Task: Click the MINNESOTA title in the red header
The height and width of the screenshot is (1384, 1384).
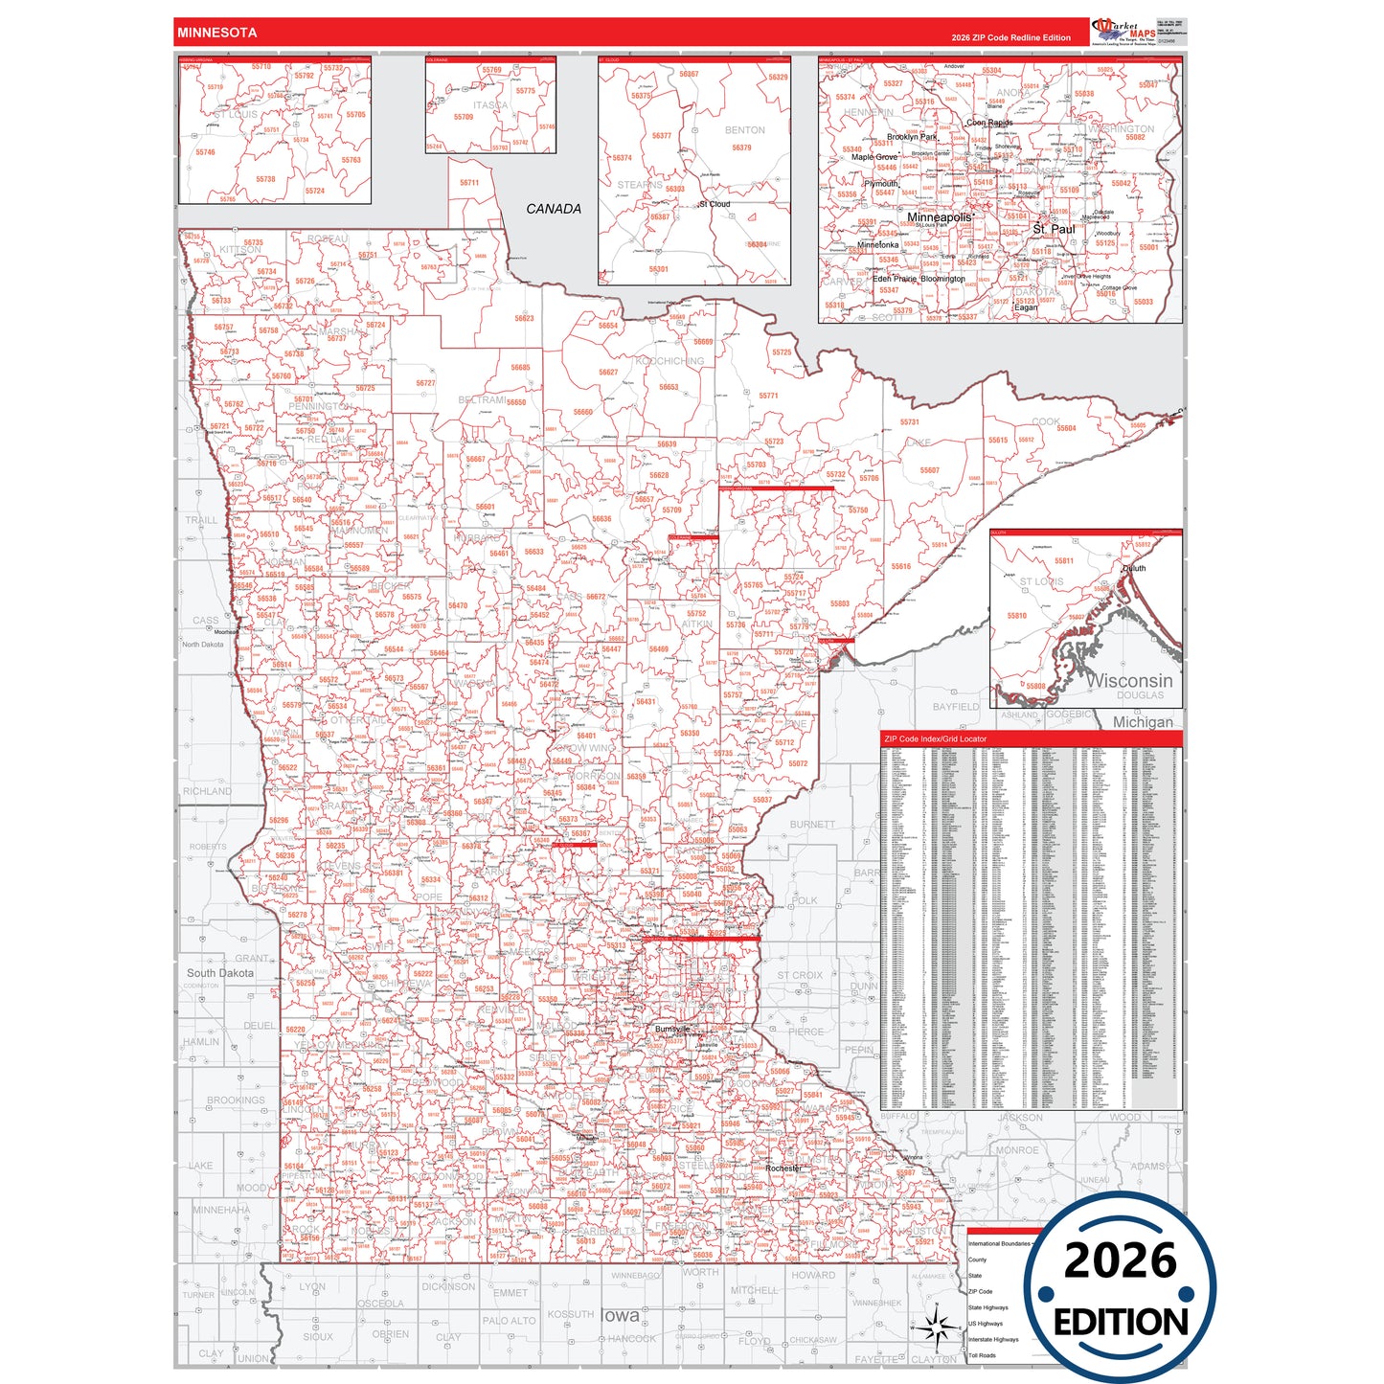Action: click(216, 33)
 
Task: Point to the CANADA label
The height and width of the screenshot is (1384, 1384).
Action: click(554, 209)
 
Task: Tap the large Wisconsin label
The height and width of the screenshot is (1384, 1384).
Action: click(1129, 680)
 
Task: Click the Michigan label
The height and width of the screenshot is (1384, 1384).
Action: click(1142, 722)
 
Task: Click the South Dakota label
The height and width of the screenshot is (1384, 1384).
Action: click(220, 973)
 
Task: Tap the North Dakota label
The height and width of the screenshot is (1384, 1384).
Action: click(202, 645)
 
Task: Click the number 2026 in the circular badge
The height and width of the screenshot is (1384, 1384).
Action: click(1120, 1260)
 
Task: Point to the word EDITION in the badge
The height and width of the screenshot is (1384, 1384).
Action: click(1121, 1323)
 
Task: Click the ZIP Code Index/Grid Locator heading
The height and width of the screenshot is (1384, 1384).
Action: click(935, 739)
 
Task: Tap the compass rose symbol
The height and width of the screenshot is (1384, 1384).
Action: click(937, 1327)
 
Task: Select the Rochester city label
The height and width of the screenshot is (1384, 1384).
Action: click(783, 1168)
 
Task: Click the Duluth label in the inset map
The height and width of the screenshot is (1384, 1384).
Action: click(1134, 568)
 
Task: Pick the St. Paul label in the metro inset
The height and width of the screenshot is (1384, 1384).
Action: click(1054, 230)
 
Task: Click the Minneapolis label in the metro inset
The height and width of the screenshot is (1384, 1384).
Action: click(939, 217)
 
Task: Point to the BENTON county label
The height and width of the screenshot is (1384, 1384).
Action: click(744, 130)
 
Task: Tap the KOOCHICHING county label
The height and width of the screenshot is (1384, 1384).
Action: click(669, 361)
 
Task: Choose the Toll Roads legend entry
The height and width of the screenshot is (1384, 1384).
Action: click(982, 1355)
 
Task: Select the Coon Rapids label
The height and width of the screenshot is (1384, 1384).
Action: click(989, 123)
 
